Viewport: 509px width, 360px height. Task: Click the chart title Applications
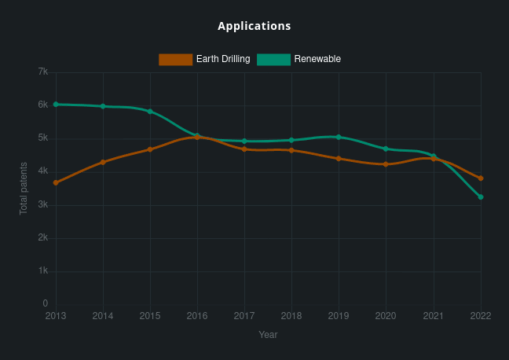tap(255, 26)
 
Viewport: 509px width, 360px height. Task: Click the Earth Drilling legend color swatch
tap(175, 59)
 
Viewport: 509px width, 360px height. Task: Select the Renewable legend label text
tap(317, 59)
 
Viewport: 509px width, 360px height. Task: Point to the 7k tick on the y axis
tap(43, 72)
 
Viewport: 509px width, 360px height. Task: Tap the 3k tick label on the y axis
tap(43, 204)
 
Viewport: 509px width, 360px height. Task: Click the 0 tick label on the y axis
tap(45, 303)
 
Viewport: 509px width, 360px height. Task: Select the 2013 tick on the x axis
tap(56, 316)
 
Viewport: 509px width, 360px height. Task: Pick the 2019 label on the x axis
tap(339, 316)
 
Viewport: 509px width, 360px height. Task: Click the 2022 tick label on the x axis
tap(480, 316)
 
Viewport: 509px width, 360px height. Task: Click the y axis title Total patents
tap(24, 189)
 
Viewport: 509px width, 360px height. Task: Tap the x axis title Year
tap(268, 335)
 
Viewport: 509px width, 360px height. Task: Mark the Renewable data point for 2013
tap(56, 104)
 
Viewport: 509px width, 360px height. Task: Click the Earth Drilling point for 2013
tap(56, 182)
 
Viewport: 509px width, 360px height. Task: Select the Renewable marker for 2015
tap(150, 112)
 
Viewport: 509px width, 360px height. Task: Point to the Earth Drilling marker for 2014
tap(103, 162)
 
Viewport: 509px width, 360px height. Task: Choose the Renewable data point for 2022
tap(480, 197)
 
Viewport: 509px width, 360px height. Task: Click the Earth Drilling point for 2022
tap(480, 178)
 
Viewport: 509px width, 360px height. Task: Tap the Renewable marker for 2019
tap(339, 137)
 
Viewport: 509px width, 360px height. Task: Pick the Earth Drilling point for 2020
tap(386, 164)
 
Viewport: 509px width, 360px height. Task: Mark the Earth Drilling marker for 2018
tap(291, 150)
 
